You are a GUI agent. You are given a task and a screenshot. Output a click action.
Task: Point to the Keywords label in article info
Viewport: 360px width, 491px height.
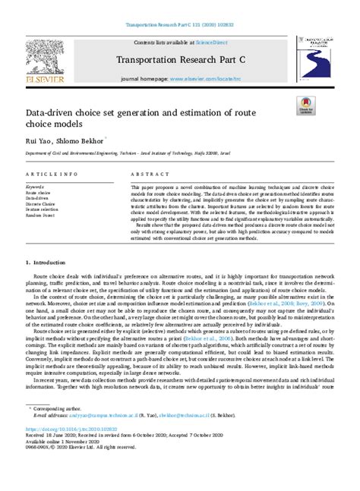pos(35,186)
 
